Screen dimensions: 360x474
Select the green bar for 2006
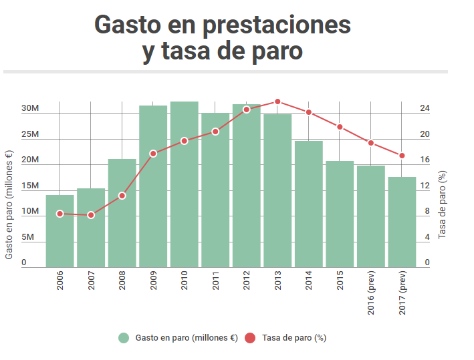60,231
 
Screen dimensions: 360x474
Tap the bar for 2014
309,204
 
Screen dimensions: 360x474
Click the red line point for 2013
277,102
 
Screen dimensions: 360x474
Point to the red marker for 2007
91,215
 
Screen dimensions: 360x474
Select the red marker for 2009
153,154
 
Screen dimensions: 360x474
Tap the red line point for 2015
340,127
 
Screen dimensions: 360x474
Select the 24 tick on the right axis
425,109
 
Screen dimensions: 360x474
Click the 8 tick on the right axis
427,212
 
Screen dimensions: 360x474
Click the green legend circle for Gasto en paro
124,338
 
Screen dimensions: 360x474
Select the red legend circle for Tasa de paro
250,338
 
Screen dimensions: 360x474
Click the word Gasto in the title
127,25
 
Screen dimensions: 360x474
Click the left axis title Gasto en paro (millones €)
9,204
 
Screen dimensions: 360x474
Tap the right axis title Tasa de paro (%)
443,205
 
